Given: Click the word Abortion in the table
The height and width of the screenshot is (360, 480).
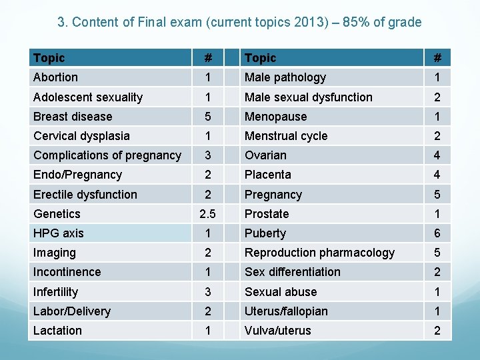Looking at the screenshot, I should point(55,77).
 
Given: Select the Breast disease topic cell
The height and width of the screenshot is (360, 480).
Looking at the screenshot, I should point(73,117).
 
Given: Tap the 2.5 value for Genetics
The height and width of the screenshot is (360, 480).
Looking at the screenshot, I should point(208,214).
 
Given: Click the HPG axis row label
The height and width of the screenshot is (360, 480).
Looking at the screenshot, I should point(59,233).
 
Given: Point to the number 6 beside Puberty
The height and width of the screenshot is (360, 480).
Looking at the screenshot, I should point(437,233).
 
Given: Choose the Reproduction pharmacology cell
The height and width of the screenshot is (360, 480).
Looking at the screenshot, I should point(319,253).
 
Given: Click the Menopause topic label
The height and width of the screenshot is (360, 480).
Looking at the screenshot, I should point(275,117).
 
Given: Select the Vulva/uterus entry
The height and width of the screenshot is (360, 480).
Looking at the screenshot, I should point(277,331).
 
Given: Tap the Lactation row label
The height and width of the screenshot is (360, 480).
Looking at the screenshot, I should point(57,331).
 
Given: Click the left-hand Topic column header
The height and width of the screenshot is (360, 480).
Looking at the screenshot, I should point(49,58).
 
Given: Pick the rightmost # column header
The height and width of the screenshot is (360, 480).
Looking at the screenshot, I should point(437,58).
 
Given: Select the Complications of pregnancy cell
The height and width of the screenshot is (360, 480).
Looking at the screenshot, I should point(107,155).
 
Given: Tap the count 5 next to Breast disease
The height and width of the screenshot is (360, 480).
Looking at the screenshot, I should point(208,117).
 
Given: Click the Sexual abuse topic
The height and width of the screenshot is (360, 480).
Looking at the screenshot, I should point(281,292).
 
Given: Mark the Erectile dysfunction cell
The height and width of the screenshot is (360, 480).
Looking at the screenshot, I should point(85,195).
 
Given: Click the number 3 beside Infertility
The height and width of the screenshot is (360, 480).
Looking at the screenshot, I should point(208,292).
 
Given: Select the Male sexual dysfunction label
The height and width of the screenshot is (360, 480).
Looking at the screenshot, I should point(308,97).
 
